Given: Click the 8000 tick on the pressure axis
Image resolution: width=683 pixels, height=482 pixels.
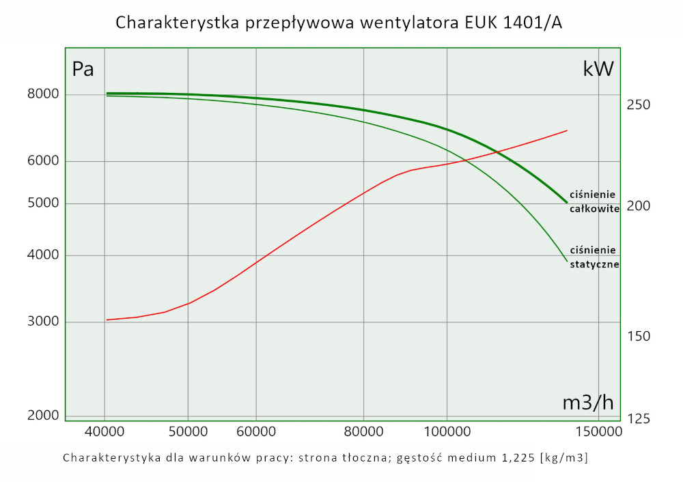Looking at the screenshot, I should [42, 94].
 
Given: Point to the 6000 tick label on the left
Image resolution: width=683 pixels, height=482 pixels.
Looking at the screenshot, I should [42, 161].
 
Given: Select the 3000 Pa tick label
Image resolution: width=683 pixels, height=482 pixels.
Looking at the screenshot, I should [42, 322].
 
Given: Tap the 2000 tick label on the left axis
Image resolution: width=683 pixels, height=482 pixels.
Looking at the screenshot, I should [42, 416].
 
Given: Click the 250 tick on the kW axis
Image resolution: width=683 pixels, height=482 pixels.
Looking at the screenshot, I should [639, 105].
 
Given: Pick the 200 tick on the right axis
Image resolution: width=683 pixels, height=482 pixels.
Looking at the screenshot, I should [639, 205].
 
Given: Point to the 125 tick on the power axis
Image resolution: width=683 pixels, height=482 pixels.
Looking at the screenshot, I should [639, 419].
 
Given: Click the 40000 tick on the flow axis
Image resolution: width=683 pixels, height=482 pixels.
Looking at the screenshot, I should [104, 432].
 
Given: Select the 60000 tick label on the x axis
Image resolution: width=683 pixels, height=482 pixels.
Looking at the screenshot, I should [255, 432].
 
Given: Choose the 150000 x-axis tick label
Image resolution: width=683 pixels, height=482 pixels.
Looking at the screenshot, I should [598, 432].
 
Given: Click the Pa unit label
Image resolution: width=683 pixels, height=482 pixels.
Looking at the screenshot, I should [83, 69].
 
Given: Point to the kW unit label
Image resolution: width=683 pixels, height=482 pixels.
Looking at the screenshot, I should [598, 69].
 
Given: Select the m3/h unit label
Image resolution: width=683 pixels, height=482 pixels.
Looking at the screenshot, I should [588, 403].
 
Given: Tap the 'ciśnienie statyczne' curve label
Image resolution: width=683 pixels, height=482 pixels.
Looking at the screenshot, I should [594, 257].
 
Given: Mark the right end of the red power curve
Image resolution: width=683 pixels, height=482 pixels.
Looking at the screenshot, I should [567, 130].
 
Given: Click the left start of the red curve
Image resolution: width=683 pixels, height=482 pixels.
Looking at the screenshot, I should [107, 320].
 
